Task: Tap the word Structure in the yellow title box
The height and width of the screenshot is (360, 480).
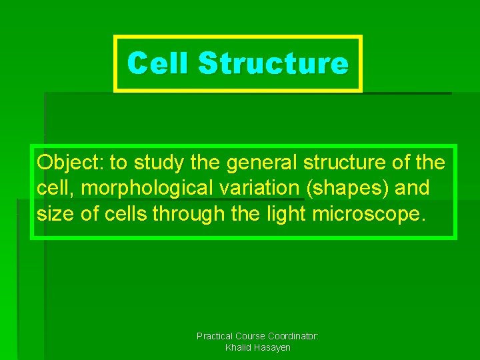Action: pos(273,64)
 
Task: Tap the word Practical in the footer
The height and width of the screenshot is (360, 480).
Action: pos(214,337)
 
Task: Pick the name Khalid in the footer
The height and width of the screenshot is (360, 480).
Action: pos(239,348)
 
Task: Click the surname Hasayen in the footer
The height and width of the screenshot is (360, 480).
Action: pos(272,348)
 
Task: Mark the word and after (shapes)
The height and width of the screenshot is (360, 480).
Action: pos(412,189)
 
